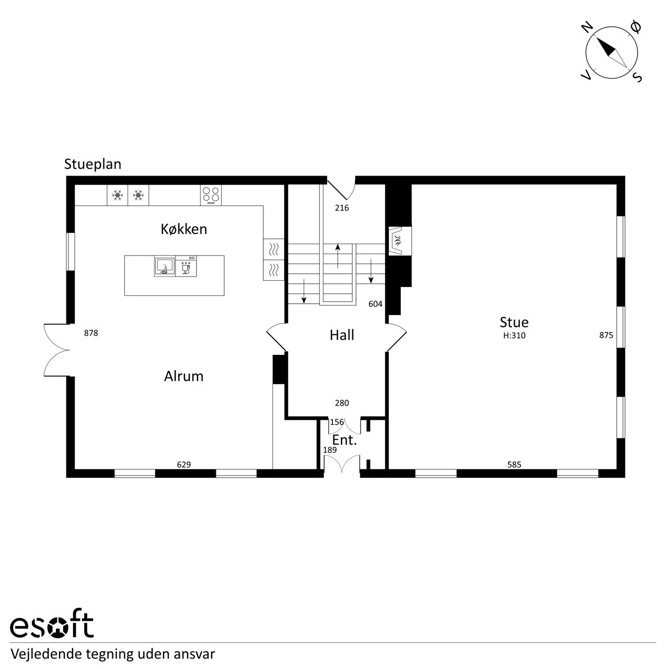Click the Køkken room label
[x=183, y=229]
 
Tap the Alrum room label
[x=183, y=376]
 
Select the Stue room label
[x=514, y=322]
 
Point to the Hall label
[x=342, y=335]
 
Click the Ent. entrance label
[x=344, y=440]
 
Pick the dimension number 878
[x=91, y=333]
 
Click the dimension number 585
[x=514, y=465]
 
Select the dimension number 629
[x=183, y=465]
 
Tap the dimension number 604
[x=375, y=304]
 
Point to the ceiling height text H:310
[x=514, y=336]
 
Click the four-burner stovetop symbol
[x=211, y=195]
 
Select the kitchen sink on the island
[x=165, y=266]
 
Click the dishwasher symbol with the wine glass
[x=186, y=266]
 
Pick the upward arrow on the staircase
[x=338, y=257]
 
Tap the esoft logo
[x=52, y=628]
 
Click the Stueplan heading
[x=93, y=164]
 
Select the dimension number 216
[x=342, y=208]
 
